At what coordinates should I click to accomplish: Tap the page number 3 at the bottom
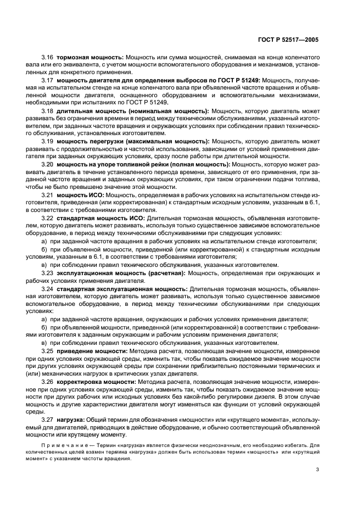point(317,468)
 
